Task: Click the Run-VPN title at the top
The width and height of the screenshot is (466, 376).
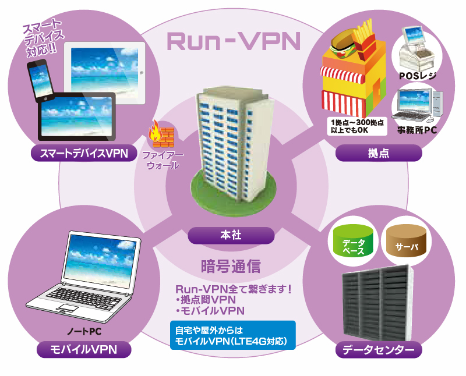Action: pos(233,41)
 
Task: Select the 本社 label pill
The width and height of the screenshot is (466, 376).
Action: pos(231,235)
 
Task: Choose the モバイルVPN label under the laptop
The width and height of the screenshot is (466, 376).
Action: pos(84,349)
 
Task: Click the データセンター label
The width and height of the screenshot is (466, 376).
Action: pos(379,350)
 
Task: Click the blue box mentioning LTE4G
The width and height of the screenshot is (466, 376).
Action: pos(232,335)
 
